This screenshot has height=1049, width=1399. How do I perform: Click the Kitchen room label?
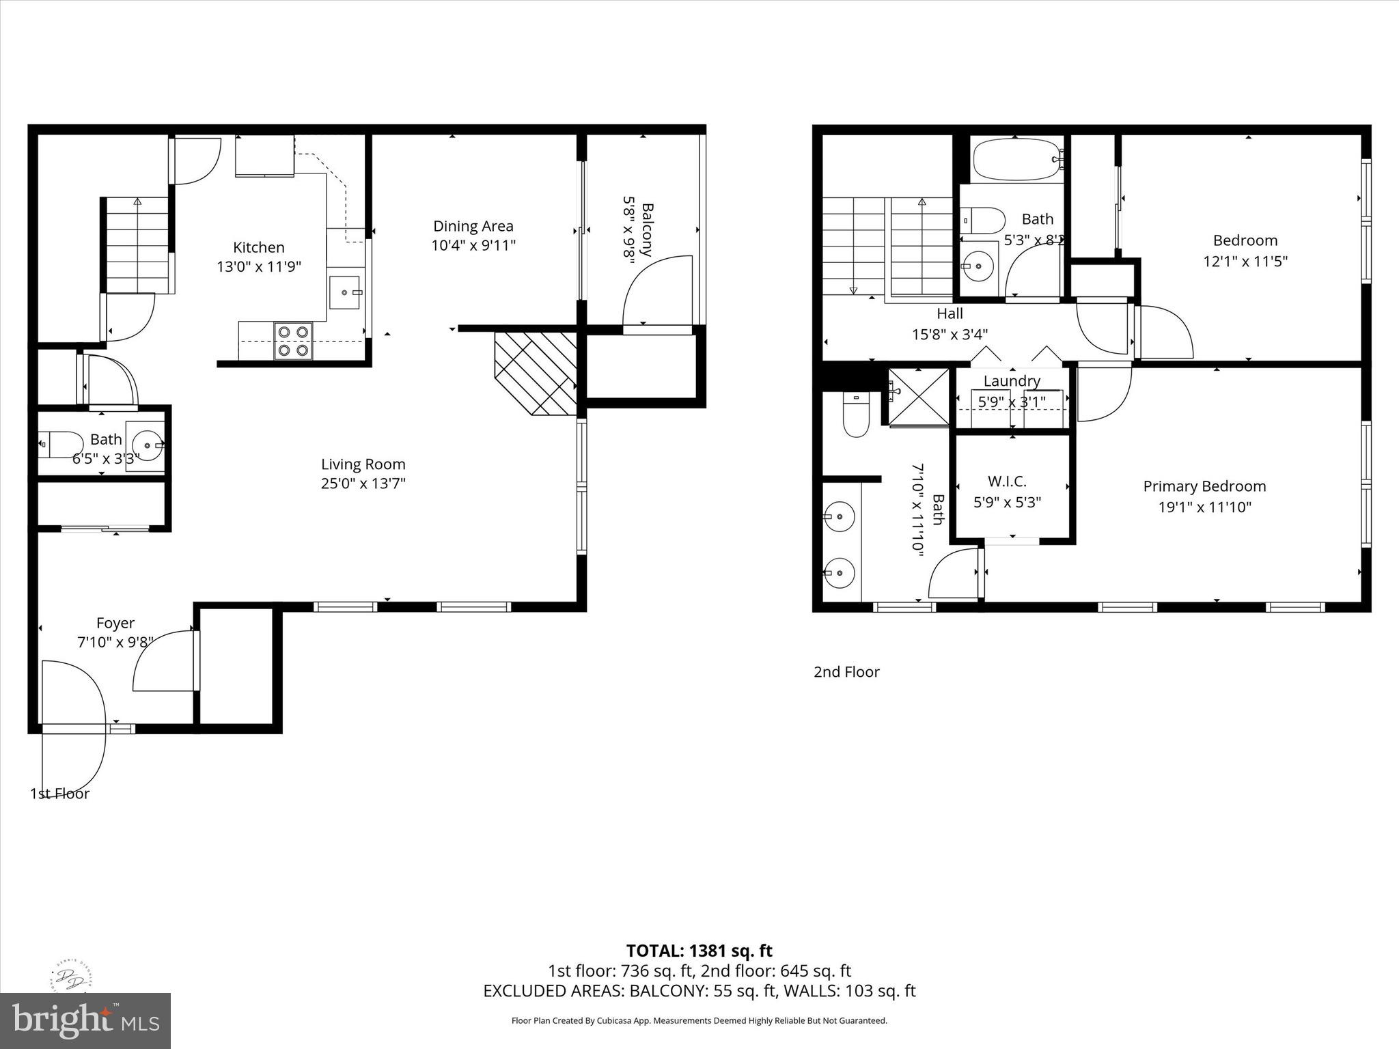pos(258,248)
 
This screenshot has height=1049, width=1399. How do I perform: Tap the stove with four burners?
pos(293,341)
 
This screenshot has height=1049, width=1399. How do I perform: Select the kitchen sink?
pos(347,292)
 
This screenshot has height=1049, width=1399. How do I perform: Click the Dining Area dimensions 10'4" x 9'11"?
pos(473,246)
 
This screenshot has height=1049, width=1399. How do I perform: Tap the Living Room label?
pos(363,464)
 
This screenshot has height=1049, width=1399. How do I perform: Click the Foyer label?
pos(115,623)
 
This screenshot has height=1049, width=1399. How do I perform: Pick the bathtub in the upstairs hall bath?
pos(1015,160)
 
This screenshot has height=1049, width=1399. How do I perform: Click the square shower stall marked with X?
pos(919,397)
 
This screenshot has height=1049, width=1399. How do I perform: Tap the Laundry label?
pos(1012,381)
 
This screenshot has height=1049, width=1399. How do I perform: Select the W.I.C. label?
pos(1006,481)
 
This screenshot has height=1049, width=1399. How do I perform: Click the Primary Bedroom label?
pos(1204,486)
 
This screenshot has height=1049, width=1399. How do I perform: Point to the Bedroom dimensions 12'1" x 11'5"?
pos(1245,262)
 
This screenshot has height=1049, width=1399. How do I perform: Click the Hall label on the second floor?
pos(950,313)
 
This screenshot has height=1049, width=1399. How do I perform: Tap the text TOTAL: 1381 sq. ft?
pos(699,951)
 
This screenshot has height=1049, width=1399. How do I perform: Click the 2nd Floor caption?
pos(846,672)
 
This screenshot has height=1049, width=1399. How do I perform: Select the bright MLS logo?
pos(85,1020)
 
